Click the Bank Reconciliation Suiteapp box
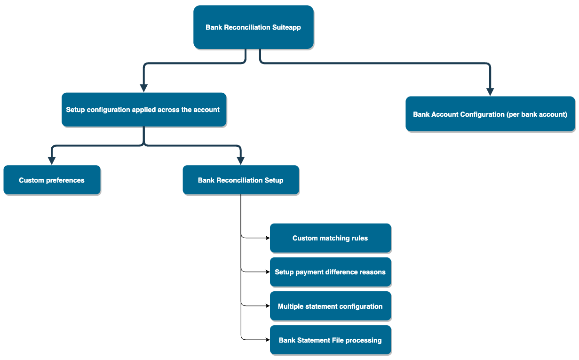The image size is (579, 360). pyautogui.click(x=253, y=27)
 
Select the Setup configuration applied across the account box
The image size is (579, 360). pyautogui.click(x=143, y=110)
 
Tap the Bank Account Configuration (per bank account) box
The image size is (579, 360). pyautogui.click(x=490, y=114)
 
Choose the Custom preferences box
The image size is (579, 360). pyautogui.click(x=52, y=180)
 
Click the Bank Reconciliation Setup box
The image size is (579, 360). pyautogui.click(x=240, y=180)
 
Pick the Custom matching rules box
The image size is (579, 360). pyautogui.click(x=330, y=238)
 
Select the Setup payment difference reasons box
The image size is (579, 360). pyautogui.click(x=330, y=272)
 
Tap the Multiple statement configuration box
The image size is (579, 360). pyautogui.click(x=330, y=306)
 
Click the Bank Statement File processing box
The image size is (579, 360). pyautogui.click(x=330, y=340)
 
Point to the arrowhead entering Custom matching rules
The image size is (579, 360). pyautogui.click(x=267, y=238)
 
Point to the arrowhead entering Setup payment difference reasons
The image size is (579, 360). pyautogui.click(x=267, y=272)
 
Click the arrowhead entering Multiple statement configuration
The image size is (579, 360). pyautogui.click(x=267, y=306)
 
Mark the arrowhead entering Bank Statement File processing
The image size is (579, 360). pyautogui.click(x=267, y=340)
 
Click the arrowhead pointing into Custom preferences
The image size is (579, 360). pyautogui.click(x=52, y=160)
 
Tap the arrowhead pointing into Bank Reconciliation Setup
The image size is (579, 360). pyautogui.click(x=240, y=160)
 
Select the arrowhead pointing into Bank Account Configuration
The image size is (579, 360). pyautogui.click(x=490, y=91)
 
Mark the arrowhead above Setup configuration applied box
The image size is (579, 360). pyautogui.click(x=143, y=88)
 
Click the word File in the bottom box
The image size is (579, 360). pyautogui.click(x=337, y=340)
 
